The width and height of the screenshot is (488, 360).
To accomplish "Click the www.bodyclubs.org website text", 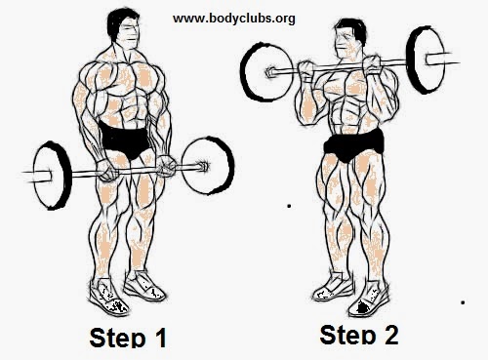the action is [x=234, y=19].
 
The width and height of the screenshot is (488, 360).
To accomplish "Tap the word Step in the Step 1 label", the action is [x=117, y=338].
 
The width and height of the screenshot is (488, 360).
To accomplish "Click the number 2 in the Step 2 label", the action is [x=388, y=335].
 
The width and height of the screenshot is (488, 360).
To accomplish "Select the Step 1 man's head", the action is [x=125, y=28].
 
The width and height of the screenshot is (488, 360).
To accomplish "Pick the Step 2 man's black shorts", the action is [x=353, y=145].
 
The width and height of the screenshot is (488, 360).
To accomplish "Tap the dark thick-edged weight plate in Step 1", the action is [x=52, y=176].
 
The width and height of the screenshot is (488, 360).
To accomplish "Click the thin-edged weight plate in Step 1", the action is [x=208, y=166].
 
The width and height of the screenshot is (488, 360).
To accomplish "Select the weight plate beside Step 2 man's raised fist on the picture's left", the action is [x=267, y=72].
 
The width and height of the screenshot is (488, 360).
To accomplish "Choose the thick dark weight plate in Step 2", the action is [x=426, y=60].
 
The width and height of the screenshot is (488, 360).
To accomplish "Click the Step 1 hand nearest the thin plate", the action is [x=166, y=167].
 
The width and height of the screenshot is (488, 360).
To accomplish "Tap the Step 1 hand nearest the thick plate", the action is [x=106, y=170].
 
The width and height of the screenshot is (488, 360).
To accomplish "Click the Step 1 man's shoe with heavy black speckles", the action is [x=108, y=297].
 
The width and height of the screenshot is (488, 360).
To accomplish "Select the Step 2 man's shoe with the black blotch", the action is [x=368, y=299].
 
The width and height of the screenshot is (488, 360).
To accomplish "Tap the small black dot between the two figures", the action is [x=289, y=206].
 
